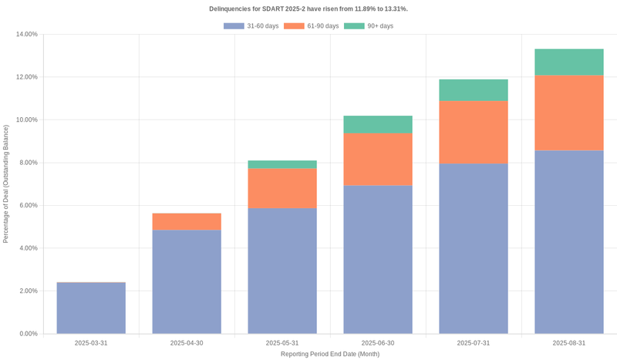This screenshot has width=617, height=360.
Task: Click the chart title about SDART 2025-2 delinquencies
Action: click(308, 8)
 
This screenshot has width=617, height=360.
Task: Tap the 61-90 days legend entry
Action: click(312, 26)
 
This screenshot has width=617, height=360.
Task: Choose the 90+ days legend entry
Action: click(369, 26)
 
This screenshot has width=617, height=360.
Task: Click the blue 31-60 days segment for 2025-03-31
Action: click(91, 308)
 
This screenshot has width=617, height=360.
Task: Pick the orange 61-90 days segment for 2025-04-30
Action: click(187, 221)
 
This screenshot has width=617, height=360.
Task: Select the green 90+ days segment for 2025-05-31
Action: click(282, 164)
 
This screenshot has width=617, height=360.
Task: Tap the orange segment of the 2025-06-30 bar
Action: click(378, 160)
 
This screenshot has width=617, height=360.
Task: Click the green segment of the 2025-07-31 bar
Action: click(474, 90)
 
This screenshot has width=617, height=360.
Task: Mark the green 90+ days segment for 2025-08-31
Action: click(569, 62)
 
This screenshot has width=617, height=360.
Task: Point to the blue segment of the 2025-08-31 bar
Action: click(569, 242)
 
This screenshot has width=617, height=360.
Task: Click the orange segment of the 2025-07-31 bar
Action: click(474, 132)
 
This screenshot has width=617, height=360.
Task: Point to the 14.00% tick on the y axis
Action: click(26, 34)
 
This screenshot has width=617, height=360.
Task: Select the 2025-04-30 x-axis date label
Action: click(187, 343)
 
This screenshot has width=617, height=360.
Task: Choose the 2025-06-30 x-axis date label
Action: click(378, 343)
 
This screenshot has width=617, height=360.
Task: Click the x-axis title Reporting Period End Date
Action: click(330, 354)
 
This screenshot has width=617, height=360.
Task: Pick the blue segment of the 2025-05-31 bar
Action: click(282, 271)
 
